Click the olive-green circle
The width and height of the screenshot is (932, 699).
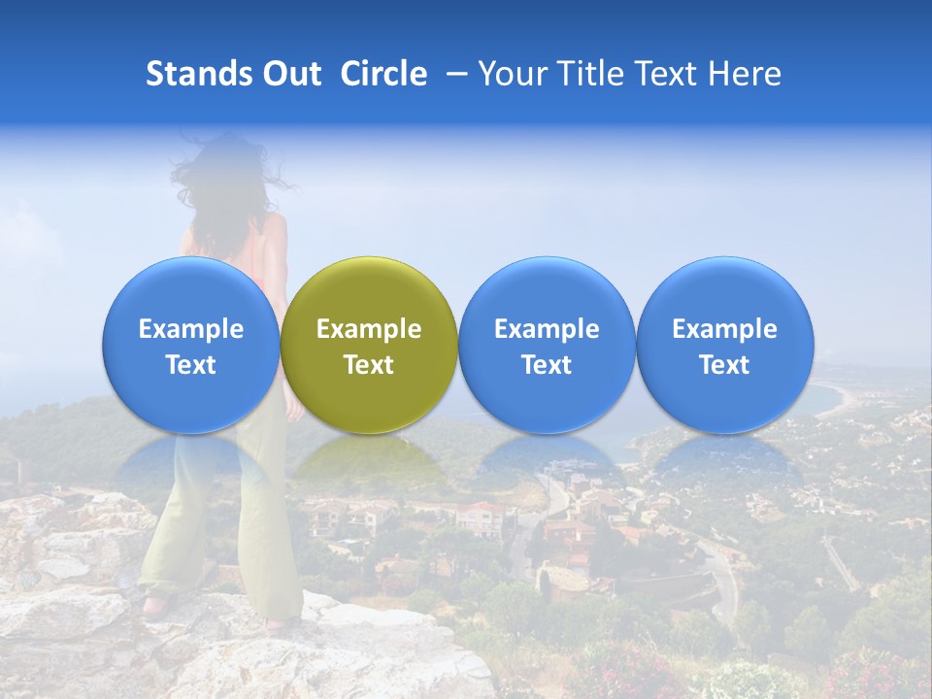coord(369,291)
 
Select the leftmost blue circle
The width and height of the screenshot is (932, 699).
coord(190,291)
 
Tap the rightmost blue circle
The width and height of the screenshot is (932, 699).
coord(724,291)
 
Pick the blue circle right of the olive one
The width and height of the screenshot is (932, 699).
coord(547,291)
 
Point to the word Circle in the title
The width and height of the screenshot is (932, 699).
coord(383,74)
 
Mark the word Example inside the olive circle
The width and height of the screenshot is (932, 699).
coord(369,329)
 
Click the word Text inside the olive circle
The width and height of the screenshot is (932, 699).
coord(369,365)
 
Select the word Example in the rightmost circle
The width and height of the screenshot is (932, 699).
coord(724,329)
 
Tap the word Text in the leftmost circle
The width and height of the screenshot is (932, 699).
coord(190,365)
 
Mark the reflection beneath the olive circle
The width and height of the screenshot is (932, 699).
coord(369,461)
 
